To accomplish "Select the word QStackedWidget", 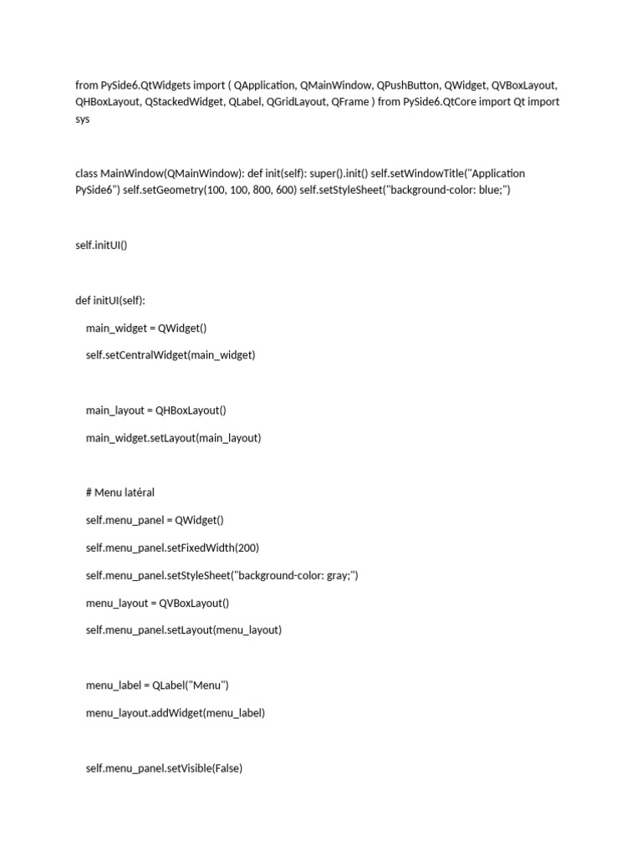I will click(183, 102).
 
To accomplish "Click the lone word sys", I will click(82, 120).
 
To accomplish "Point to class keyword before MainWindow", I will click(86, 173).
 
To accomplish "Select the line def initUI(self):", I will click(110, 300).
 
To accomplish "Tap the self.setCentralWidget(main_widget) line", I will click(170, 355).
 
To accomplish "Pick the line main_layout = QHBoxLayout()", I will click(155, 410).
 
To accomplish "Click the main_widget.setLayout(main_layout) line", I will click(173, 437).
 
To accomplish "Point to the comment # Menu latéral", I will click(120, 492).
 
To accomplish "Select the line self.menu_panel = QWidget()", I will click(155, 520).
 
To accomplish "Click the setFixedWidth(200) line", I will click(172, 548).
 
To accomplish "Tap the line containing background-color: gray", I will click(222, 575).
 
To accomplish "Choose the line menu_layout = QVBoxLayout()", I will click(157, 603).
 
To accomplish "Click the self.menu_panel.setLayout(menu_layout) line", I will click(183, 630).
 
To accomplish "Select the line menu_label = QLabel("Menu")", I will click(157, 685).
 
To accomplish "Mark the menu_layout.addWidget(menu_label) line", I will click(175, 713).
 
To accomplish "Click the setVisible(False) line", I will click(164, 767).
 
